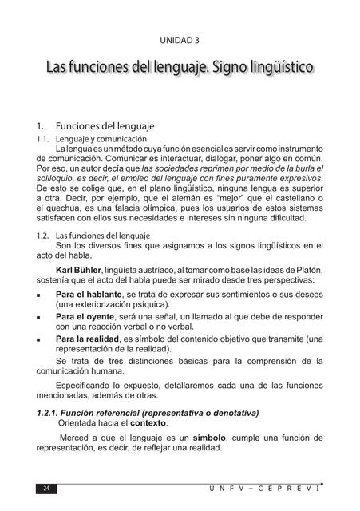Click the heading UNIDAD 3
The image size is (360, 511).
(x=180, y=38)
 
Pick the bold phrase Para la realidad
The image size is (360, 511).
(x=87, y=338)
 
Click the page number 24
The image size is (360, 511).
(x=46, y=489)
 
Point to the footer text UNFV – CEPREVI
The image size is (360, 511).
(x=272, y=488)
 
